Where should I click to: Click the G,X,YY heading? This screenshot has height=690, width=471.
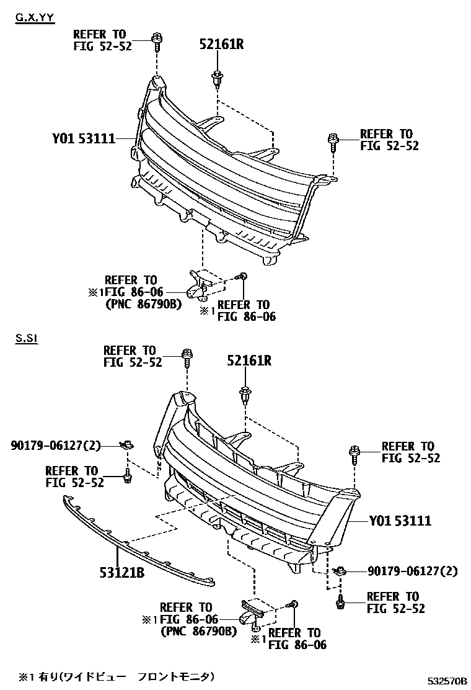pos(35,17)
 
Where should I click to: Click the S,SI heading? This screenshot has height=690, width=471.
pos(27,339)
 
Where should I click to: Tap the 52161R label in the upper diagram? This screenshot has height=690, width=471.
pos(221,44)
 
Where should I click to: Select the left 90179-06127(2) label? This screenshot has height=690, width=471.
pos(54,445)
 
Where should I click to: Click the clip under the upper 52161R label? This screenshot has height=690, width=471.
pos(217,79)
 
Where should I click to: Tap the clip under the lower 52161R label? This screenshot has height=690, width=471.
pos(245,394)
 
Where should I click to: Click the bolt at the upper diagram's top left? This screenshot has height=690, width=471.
pos(156,43)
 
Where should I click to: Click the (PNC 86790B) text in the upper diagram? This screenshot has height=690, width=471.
pos(141,304)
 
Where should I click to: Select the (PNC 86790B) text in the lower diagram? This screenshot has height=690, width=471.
pos(198,632)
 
